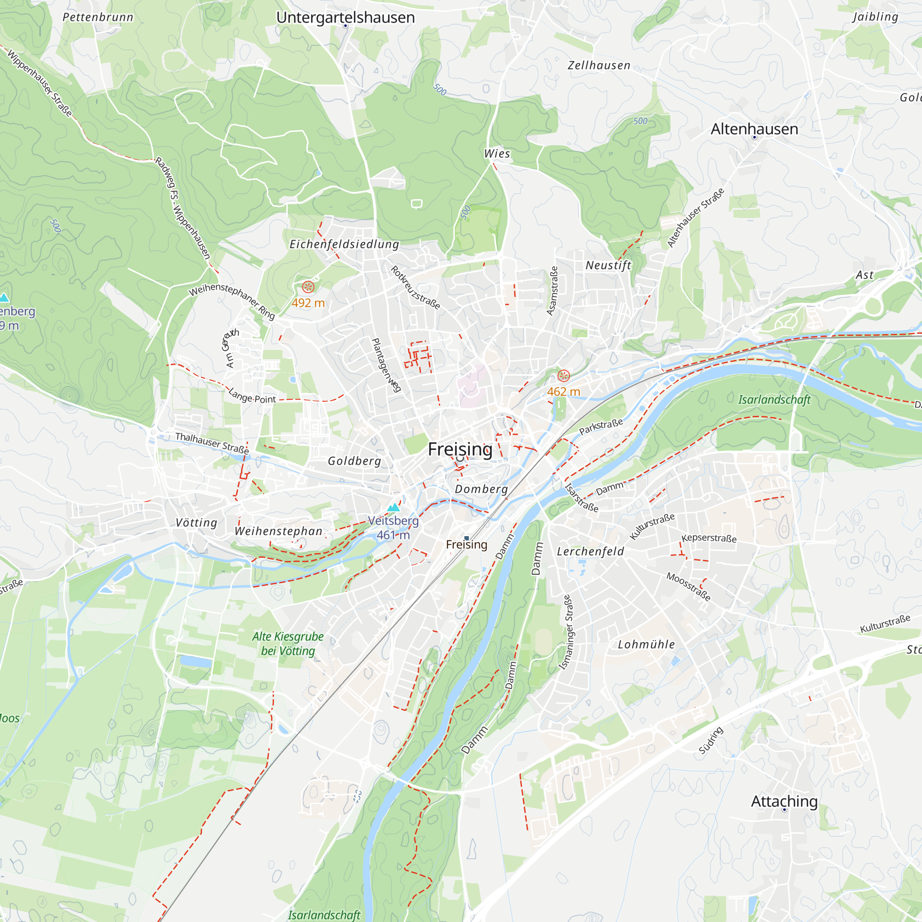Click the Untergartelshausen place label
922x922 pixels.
[345, 18]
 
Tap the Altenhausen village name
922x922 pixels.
[754, 129]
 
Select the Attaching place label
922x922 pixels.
[784, 801]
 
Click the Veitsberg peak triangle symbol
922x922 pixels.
[393, 507]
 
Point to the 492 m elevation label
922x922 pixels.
[308, 303]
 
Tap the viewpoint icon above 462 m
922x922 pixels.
[563, 376]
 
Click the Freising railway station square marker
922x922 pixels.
[466, 538]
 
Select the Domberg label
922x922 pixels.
[481, 489]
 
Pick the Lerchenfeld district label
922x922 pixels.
[591, 552]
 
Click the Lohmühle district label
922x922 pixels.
[646, 645]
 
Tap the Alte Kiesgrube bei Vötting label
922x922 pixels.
[288, 644]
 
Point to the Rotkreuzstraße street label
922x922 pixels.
[415, 288]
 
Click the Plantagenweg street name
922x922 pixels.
[385, 365]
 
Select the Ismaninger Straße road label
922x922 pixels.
[566, 632]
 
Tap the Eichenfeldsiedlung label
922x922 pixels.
[344, 244]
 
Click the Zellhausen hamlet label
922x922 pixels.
[599, 65]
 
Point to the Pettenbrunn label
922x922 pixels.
[98, 17]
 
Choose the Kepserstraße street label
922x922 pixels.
[709, 538]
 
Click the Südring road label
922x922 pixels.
[710, 740]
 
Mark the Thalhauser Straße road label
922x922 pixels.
[212, 443]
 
